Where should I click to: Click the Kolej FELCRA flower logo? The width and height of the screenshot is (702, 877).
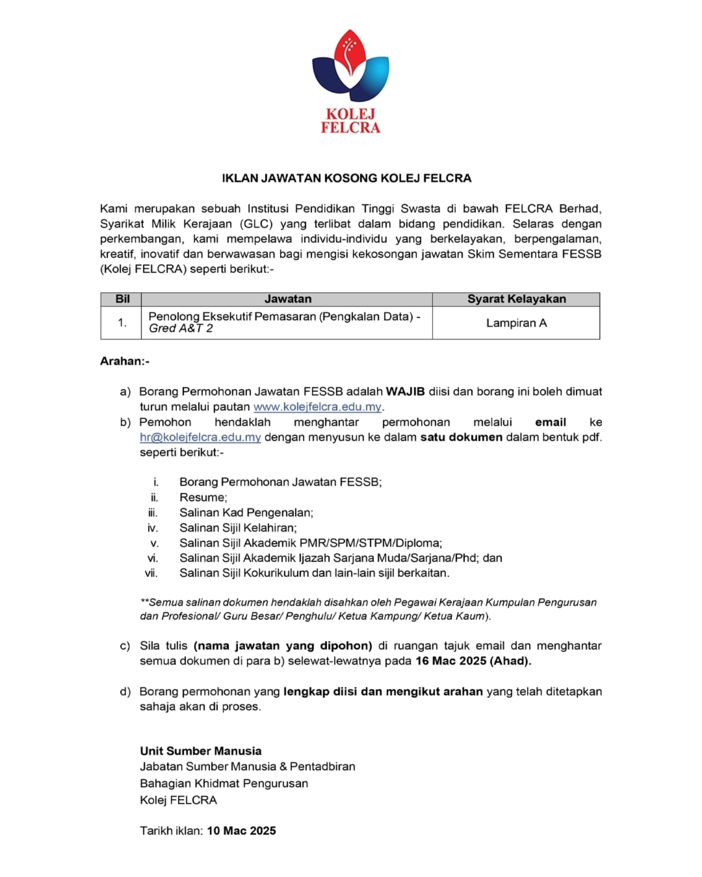[x=351, y=66]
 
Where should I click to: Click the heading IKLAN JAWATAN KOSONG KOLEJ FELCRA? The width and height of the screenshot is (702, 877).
[x=347, y=178]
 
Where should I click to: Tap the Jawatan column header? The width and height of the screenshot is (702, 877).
[x=288, y=299]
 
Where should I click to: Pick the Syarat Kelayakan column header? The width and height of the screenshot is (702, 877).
[x=516, y=299]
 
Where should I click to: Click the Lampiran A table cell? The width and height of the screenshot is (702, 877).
[x=516, y=323]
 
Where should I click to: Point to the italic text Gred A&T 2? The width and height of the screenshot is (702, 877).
[x=181, y=328]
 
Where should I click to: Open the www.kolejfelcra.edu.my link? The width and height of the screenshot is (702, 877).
[x=317, y=407]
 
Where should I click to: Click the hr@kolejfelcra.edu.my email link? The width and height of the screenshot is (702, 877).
[x=200, y=438]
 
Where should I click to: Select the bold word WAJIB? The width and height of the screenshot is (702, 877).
[x=405, y=392]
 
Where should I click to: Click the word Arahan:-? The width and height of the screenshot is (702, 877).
[x=125, y=362]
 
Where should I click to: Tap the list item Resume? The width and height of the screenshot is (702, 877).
[x=203, y=497]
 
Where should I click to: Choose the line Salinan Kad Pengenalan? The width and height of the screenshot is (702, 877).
[x=246, y=513]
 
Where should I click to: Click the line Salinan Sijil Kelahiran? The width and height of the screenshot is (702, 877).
[x=238, y=528]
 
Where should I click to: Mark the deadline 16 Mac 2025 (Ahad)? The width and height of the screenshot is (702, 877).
[x=473, y=661]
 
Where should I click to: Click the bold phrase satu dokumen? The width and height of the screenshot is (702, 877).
[x=461, y=438]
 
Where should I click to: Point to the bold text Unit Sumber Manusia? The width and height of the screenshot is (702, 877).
[x=201, y=751]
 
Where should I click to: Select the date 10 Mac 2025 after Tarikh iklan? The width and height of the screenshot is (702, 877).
[x=241, y=831]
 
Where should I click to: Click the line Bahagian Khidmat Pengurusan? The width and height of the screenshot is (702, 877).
[x=224, y=783]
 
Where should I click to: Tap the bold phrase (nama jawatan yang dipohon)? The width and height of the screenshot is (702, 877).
[x=283, y=646]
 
